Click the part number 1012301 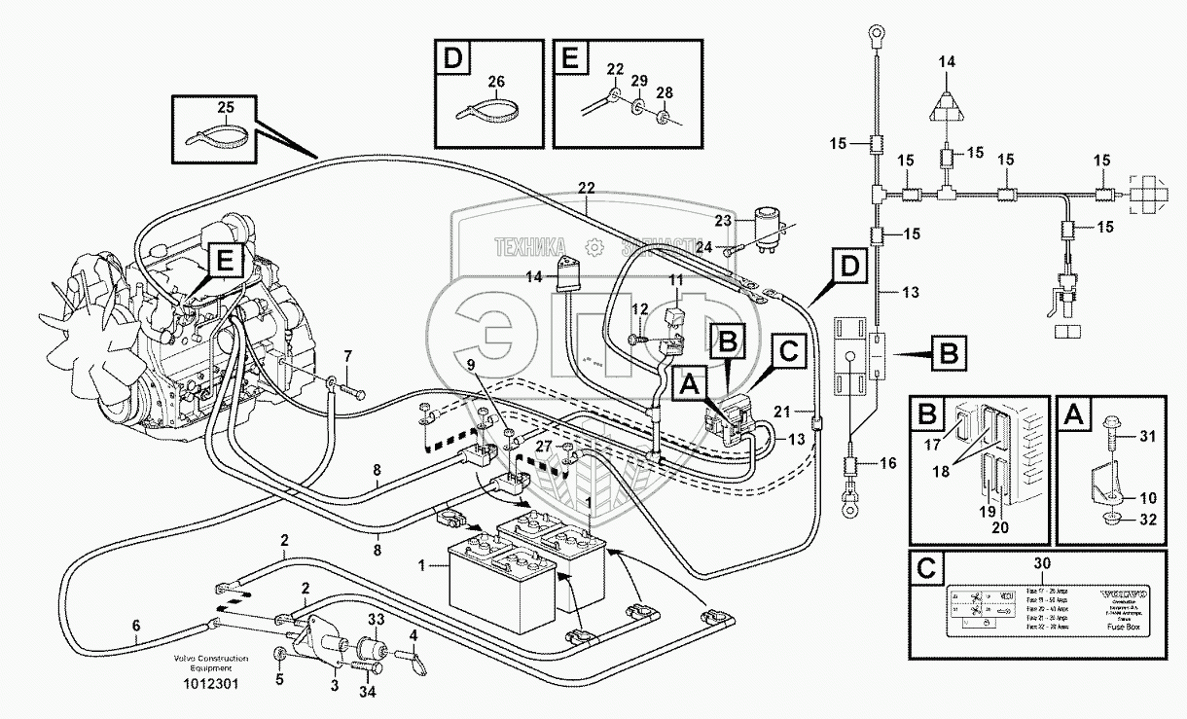[x=210, y=684]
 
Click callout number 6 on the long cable [x=136, y=628]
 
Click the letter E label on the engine [x=225, y=262]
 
